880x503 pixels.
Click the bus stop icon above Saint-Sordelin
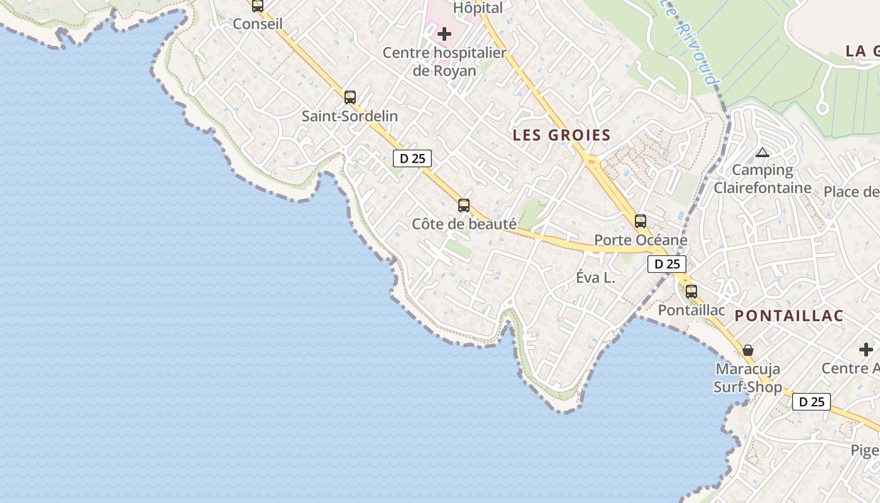tap(350, 97)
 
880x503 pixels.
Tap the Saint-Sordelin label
tap(349, 116)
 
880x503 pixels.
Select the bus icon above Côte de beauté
tap(464, 205)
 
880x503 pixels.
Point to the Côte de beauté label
tap(464, 224)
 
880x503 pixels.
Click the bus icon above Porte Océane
tap(641, 221)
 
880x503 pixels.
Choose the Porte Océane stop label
tap(641, 240)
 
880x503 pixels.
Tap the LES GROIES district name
tap(561, 135)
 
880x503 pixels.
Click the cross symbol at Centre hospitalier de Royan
tap(444, 33)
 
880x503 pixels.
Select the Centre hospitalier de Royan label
tap(444, 62)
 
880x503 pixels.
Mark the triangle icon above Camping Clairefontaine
tap(762, 152)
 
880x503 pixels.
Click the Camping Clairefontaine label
tap(762, 179)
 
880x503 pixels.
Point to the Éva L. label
tap(595, 277)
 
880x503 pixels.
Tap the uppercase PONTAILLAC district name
tap(789, 316)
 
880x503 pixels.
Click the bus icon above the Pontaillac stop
tap(691, 292)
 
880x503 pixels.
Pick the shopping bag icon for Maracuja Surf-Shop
tap(748, 350)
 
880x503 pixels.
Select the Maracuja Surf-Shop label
tap(748, 378)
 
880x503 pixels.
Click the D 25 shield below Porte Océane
tap(667, 264)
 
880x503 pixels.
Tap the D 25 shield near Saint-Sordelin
tap(412, 158)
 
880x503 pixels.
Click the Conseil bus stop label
tap(258, 24)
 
